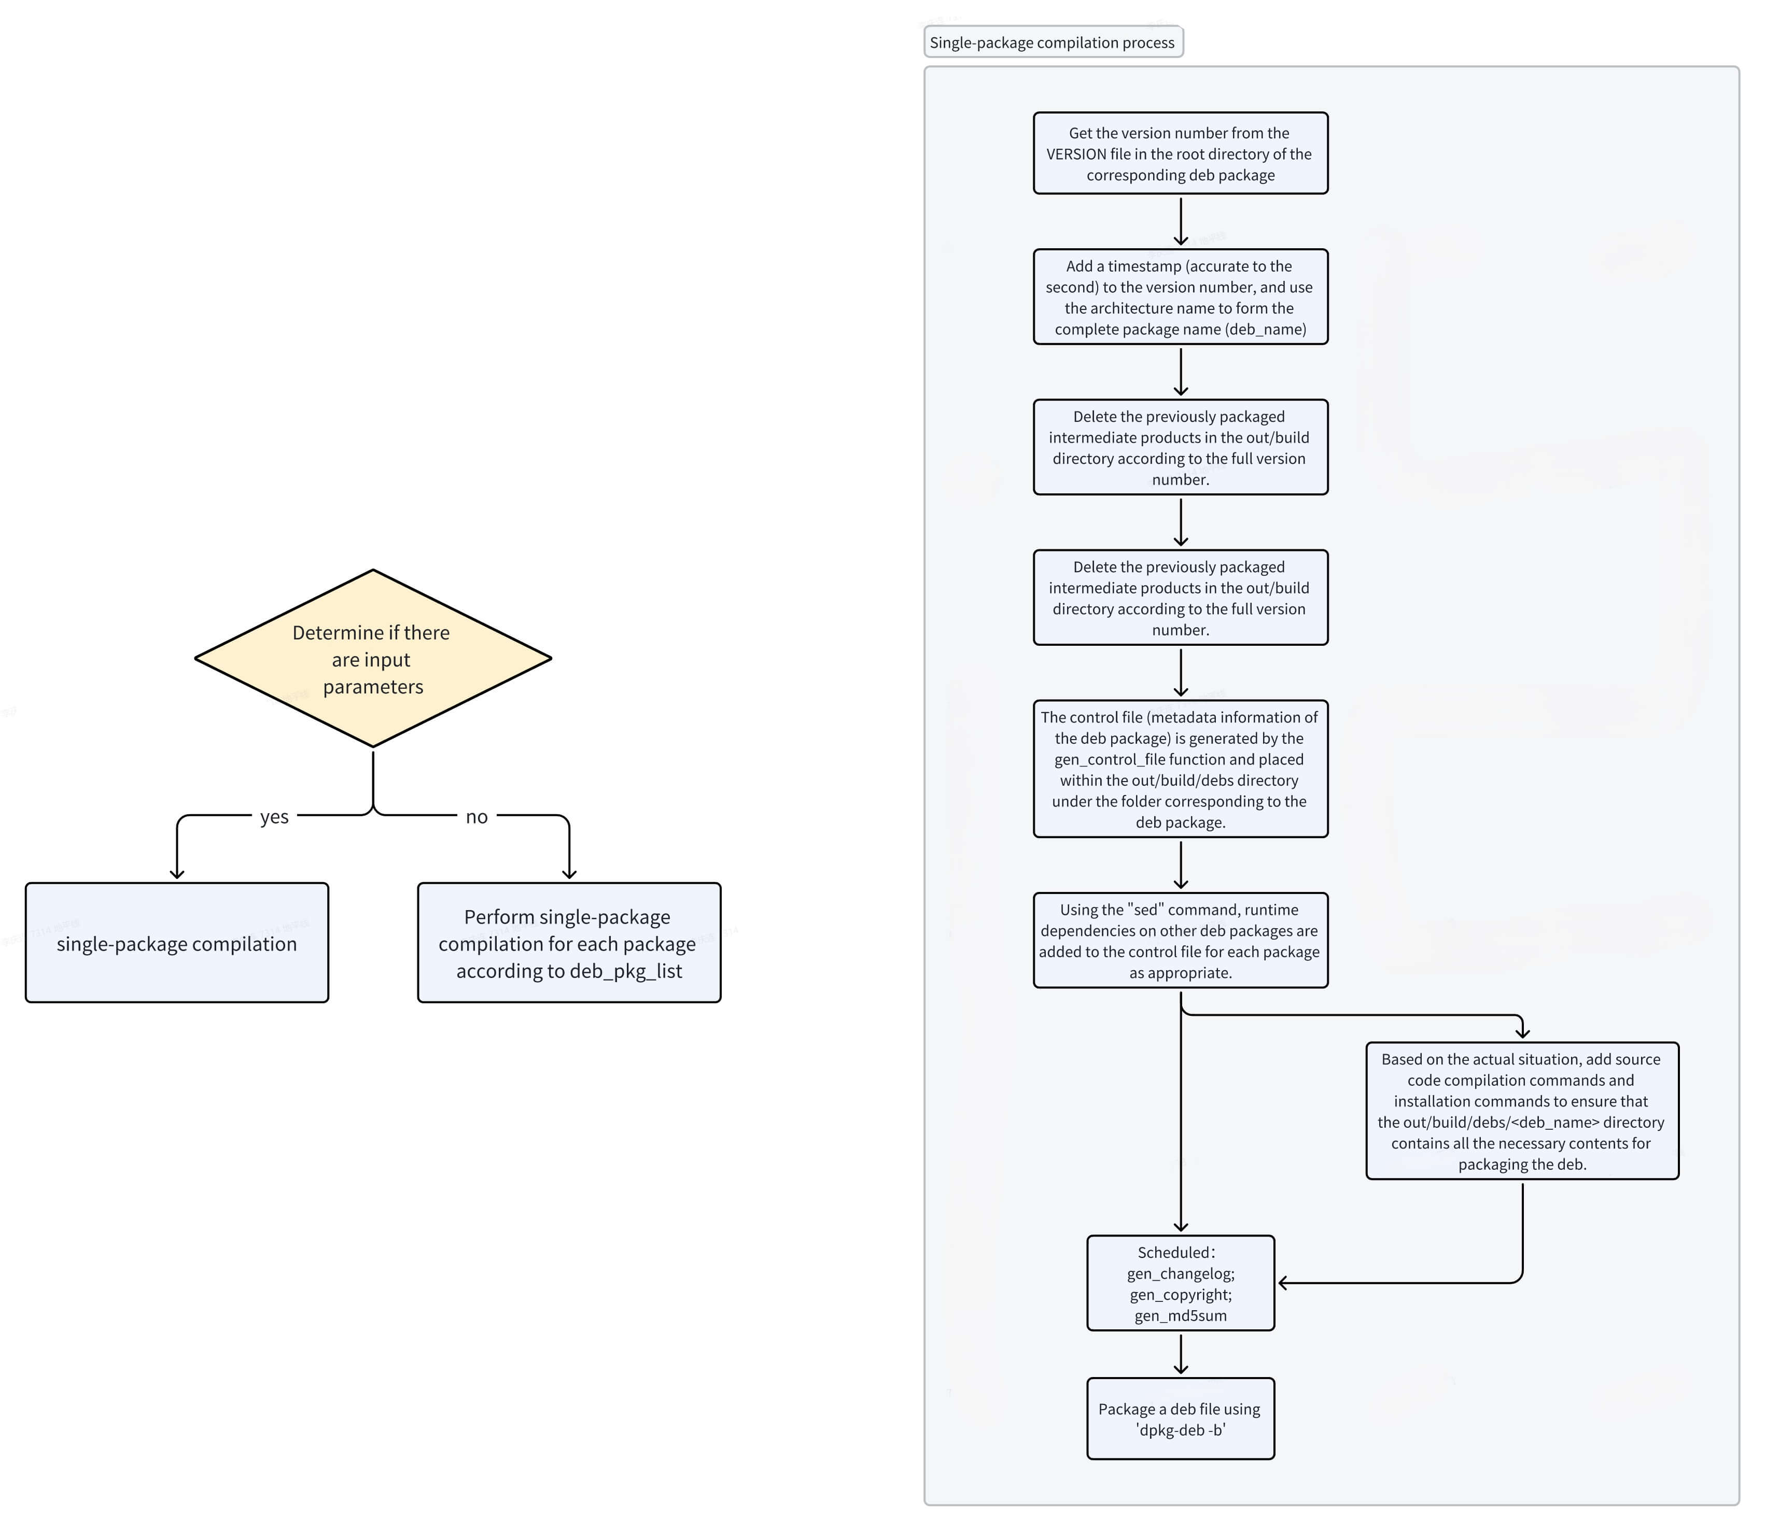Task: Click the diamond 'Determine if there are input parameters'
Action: click(373, 658)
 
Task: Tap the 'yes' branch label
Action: click(274, 816)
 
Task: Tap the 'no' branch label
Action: click(476, 816)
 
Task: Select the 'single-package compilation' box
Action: click(177, 943)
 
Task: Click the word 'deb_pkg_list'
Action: click(626, 971)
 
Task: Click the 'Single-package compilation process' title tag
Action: click(1052, 42)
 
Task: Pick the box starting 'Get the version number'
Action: click(1180, 153)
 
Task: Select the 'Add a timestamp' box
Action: click(1180, 296)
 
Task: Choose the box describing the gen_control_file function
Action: click(1180, 769)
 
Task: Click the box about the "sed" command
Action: click(1180, 941)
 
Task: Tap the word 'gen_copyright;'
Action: click(1180, 1294)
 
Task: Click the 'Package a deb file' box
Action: click(1180, 1419)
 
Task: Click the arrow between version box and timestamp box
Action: click(1180, 221)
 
